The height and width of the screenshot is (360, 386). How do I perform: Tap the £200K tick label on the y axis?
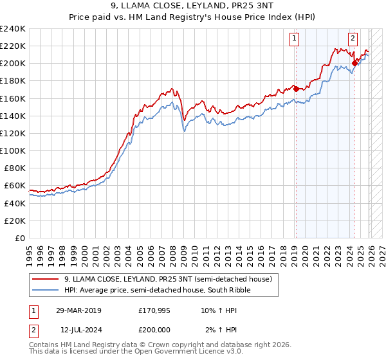[12, 63]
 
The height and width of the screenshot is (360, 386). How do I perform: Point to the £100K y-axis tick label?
[12, 150]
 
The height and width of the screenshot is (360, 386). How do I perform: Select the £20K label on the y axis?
[15, 221]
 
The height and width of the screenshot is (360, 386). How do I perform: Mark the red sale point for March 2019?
[296, 89]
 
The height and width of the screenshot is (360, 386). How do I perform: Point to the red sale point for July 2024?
[354, 63]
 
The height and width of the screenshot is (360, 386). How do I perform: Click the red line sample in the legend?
[46, 280]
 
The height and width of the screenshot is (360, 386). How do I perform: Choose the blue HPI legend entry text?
[158, 291]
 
